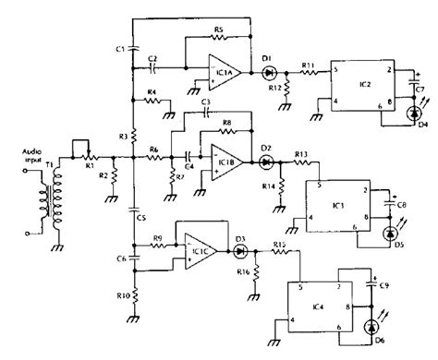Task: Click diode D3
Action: point(241,250)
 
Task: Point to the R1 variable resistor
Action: point(91,156)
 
